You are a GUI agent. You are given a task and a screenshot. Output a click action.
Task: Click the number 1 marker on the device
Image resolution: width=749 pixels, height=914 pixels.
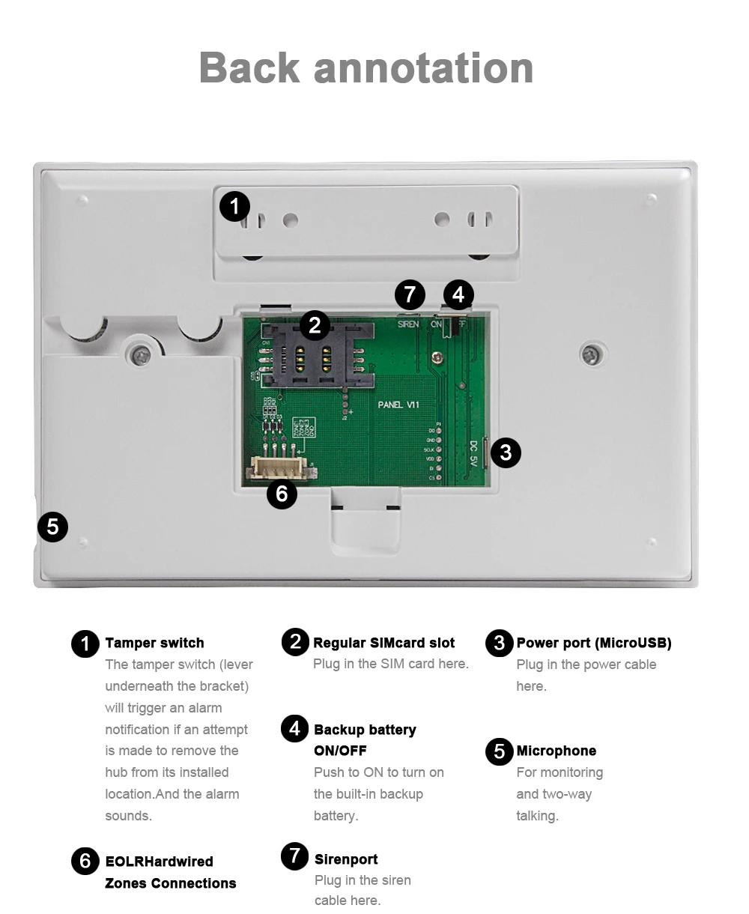coord(234,206)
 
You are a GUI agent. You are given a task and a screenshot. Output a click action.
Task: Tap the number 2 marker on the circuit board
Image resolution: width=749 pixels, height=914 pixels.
coord(315,325)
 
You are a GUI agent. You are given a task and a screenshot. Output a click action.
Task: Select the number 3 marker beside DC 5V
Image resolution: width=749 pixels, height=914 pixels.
coord(506,453)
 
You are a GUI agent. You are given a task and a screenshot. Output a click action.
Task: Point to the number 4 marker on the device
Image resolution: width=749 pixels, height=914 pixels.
coord(458,294)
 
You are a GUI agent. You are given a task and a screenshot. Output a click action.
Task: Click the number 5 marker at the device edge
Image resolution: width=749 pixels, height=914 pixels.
coord(52,527)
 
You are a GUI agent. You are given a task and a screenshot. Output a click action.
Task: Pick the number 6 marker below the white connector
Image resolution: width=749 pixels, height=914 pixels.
coord(282,494)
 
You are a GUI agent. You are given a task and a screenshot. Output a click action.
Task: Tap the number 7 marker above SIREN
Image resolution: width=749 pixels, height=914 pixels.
coord(409,294)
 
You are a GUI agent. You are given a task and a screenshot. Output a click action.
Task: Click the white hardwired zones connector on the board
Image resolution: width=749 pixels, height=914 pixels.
coord(279,468)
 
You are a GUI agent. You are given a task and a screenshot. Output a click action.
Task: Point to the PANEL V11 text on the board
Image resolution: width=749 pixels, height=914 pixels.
coord(398,405)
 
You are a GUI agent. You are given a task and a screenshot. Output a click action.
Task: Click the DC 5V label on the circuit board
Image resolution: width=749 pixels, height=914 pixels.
coord(473,453)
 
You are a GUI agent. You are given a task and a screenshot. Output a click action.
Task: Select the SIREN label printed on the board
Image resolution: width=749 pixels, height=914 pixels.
coord(408,324)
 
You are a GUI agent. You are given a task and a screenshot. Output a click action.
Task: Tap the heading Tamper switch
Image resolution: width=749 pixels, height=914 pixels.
coord(154,643)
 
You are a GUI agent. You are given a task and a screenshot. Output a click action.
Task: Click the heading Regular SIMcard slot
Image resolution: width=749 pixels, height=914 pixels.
coord(383,643)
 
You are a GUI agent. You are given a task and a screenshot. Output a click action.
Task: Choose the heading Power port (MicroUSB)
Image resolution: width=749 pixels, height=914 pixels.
coord(593,643)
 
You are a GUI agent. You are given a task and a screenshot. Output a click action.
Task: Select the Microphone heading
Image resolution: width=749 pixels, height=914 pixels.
coord(556,751)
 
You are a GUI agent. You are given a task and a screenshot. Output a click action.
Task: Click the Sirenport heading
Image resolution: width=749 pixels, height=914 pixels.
coord(346,859)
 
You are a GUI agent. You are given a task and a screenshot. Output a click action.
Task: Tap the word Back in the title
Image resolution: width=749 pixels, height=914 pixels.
coord(249,67)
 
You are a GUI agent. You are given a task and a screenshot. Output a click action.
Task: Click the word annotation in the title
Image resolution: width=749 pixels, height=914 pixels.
coord(423,67)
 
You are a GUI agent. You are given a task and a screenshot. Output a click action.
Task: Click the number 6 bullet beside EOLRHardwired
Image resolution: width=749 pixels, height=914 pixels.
coord(85,862)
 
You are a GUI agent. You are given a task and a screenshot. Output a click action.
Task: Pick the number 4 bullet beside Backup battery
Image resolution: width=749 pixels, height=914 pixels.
coord(294,728)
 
